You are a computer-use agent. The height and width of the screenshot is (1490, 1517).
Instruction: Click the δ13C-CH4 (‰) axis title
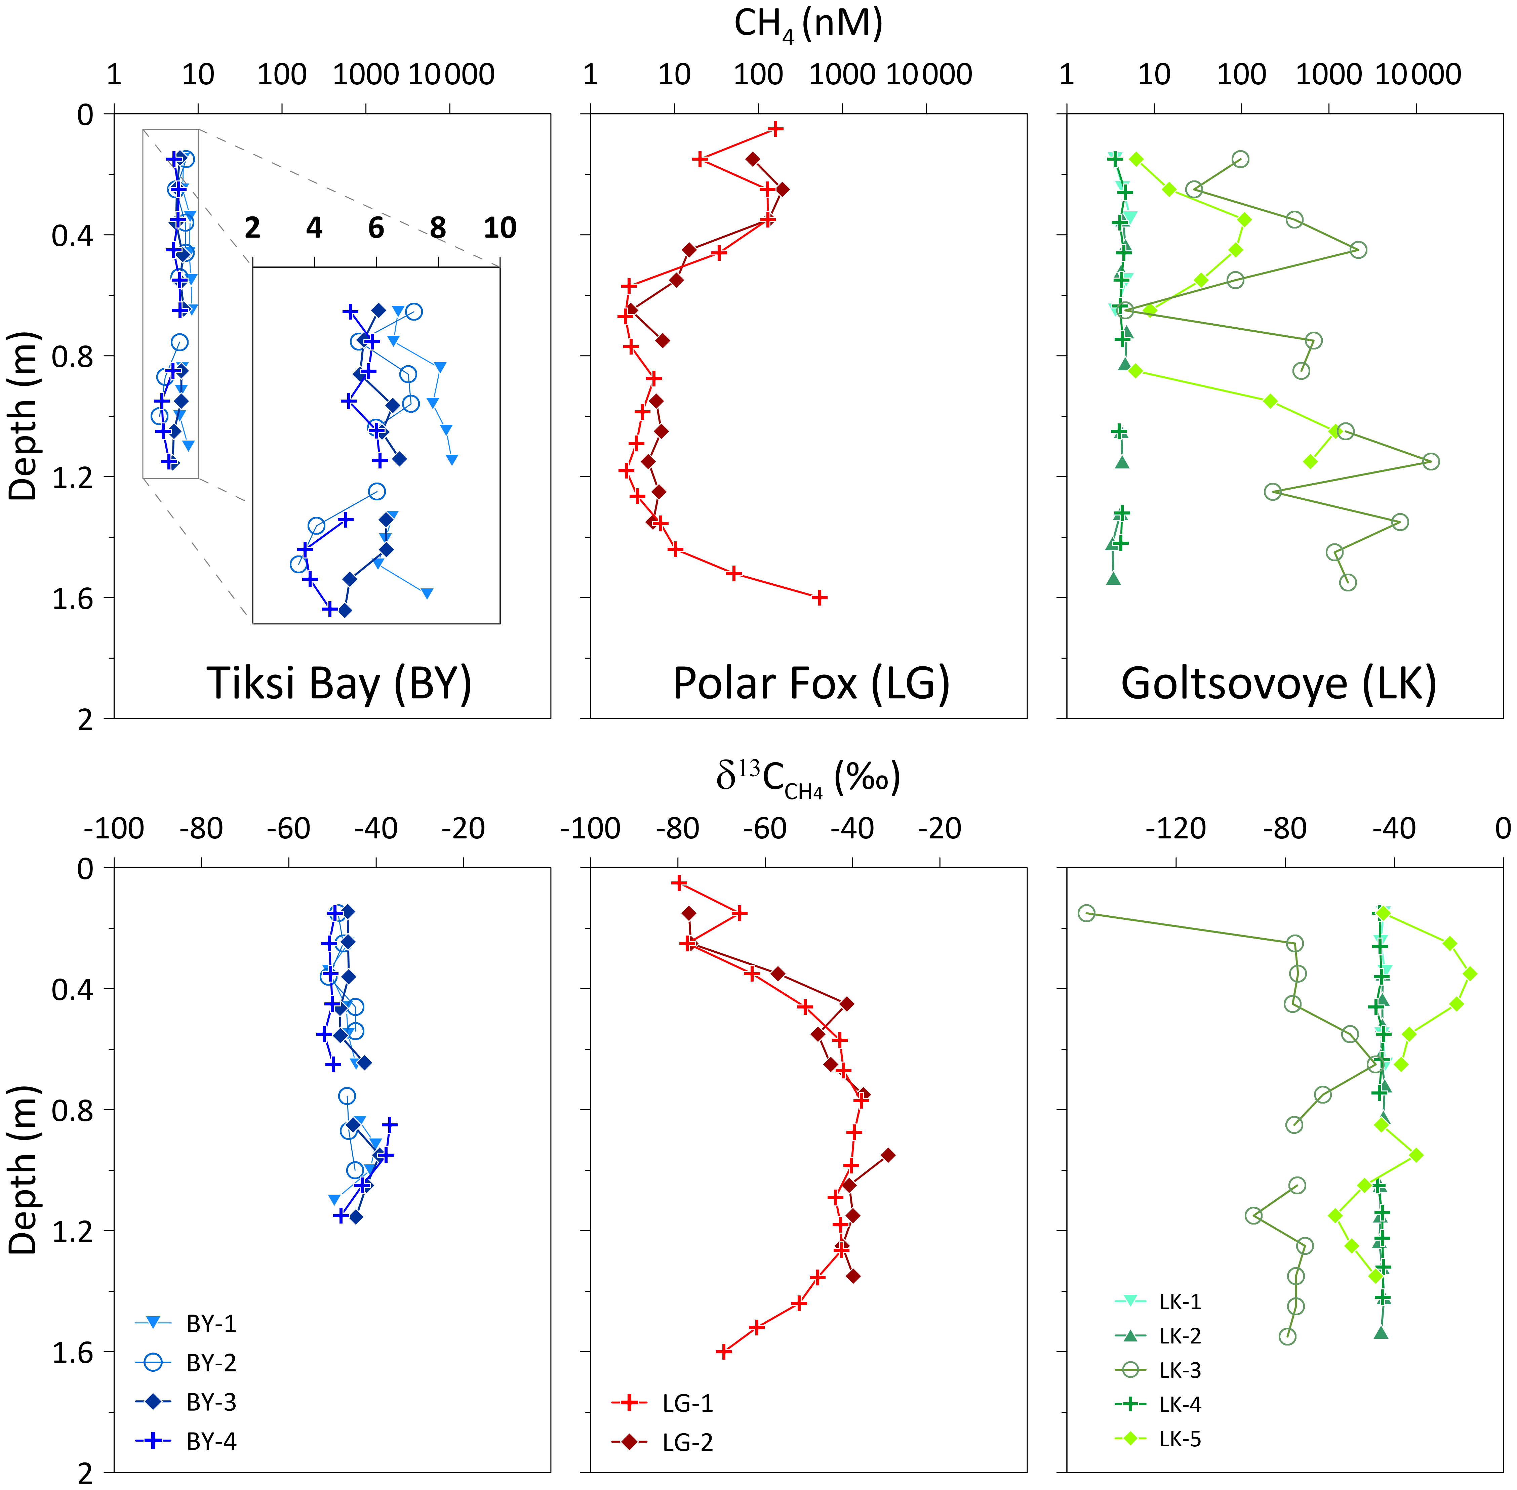(x=808, y=779)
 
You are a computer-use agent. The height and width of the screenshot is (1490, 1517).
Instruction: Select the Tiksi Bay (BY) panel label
(x=339, y=683)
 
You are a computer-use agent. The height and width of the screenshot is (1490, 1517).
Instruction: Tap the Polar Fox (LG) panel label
(x=811, y=683)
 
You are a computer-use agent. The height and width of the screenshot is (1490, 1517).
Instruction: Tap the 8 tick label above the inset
(x=438, y=228)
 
